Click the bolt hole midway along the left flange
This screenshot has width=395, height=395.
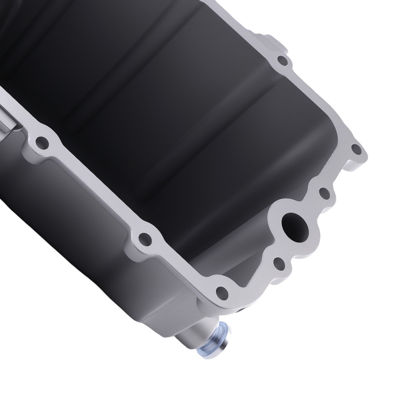[x=145, y=238]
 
